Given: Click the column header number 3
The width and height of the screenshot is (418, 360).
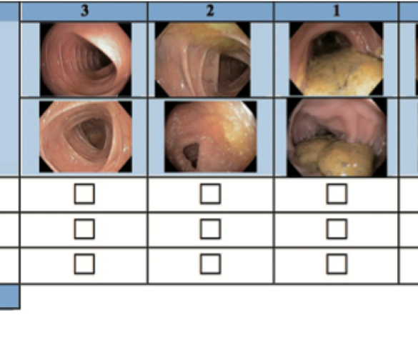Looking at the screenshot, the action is point(84,11).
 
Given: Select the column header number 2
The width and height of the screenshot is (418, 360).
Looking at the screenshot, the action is point(210,11).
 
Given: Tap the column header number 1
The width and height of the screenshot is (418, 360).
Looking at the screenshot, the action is point(337,11).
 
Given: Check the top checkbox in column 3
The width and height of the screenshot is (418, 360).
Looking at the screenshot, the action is point(84,194).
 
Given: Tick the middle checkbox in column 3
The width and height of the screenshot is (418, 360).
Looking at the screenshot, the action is point(84,229).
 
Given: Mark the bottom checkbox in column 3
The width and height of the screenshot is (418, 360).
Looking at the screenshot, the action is point(84,264).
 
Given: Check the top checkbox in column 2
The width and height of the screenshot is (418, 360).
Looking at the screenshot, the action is point(210,194).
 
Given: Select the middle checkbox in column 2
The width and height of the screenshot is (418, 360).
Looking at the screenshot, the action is point(210,229).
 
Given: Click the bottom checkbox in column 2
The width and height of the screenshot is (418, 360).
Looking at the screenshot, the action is point(210,264).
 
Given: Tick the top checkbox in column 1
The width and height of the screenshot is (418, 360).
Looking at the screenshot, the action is point(337,194).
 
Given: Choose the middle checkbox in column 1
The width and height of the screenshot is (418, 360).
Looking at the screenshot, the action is point(337,229).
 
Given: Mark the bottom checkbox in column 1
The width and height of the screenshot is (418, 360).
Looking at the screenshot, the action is point(337,264).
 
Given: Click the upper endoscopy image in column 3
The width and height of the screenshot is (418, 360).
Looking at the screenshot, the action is point(86,59).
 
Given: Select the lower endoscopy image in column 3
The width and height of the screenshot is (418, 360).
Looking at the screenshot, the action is point(86,136).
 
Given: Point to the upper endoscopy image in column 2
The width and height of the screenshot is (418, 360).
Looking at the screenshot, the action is point(203,59).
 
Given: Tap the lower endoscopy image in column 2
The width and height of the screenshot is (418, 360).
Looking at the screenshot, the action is point(211,136).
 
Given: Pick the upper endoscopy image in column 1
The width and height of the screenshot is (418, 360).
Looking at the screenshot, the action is point(336,59).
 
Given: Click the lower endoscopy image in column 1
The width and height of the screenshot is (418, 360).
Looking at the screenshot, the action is point(337,137).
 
